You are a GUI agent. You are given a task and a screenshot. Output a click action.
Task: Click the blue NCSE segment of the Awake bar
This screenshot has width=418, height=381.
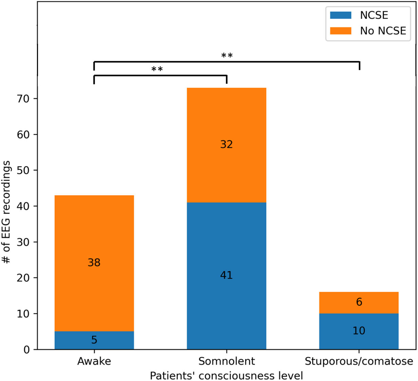point(94,340)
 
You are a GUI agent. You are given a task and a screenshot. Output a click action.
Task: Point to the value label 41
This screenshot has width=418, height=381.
point(226,275)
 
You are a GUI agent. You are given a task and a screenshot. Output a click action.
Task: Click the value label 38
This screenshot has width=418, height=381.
point(94,262)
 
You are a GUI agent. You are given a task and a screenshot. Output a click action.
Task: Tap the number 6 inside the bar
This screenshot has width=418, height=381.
point(359,302)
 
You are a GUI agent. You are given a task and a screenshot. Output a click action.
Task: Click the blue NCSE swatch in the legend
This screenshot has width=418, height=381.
point(341,15)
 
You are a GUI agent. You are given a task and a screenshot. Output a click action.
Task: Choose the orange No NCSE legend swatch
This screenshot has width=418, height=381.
point(341,31)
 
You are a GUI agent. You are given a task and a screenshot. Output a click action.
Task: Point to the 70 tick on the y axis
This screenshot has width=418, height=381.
point(23,98)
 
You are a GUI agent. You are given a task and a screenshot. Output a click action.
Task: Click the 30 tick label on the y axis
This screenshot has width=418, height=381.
point(23,242)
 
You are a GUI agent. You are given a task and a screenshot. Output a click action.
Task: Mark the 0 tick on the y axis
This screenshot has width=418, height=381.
point(27,350)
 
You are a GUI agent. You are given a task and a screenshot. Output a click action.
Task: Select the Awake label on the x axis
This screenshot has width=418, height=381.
point(94,361)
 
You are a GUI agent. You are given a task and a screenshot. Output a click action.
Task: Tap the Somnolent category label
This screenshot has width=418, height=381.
point(226,361)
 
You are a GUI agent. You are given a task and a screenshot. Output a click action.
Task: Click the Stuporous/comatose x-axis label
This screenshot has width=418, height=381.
point(359,361)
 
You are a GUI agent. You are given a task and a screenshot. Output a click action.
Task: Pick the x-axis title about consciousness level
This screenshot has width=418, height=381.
point(226,376)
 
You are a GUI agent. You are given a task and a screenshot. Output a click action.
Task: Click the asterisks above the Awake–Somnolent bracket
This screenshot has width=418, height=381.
point(157,69)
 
